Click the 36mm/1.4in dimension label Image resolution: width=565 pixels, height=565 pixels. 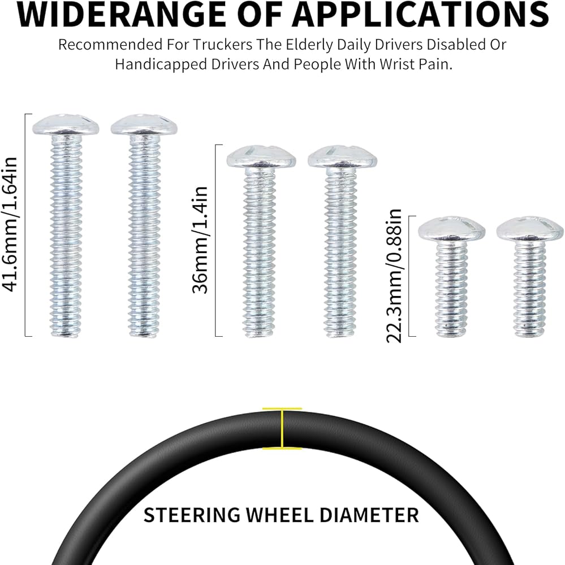[x=201, y=240]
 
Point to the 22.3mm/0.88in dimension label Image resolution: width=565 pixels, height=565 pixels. [x=395, y=275]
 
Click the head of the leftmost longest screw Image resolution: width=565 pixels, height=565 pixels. [x=65, y=124]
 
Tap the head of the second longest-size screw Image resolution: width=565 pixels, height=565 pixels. [x=144, y=124]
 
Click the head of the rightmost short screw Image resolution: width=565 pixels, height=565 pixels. [x=530, y=228]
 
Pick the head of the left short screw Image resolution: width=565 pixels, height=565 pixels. [x=451, y=228]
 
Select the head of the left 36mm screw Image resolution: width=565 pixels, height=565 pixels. [x=261, y=157]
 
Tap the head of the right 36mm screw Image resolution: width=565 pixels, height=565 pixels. [x=342, y=157]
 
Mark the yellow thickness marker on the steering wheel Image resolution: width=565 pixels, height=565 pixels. [x=282, y=428]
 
